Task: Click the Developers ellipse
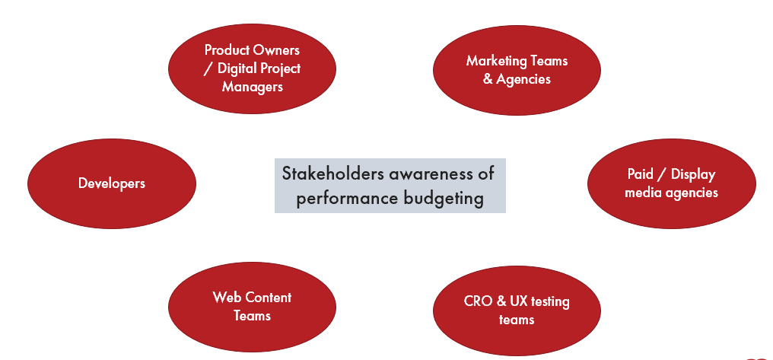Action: tap(112, 183)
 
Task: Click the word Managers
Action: tap(253, 87)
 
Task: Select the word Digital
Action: tap(234, 68)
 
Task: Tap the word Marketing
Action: tap(490, 61)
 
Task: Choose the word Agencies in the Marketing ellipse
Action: tap(523, 79)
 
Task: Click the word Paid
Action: tap(639, 174)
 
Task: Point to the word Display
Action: tap(693, 174)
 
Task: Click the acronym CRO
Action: tap(475, 301)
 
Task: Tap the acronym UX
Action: tap(514, 301)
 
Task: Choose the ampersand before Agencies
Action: tap(488, 79)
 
